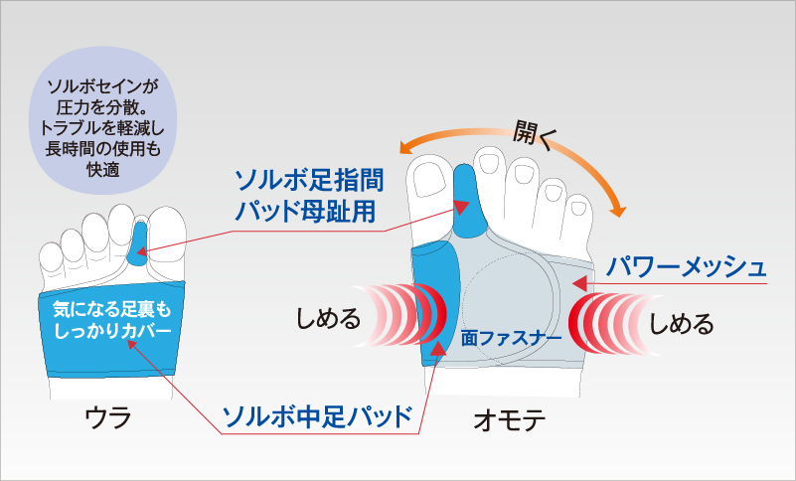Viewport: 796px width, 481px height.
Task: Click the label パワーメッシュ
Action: [686, 267]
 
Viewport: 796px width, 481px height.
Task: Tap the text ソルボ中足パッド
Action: [317, 416]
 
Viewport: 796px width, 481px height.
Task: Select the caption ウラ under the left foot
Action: [108, 418]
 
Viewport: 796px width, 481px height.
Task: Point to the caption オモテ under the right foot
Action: [510, 420]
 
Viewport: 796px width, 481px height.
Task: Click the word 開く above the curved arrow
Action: [535, 134]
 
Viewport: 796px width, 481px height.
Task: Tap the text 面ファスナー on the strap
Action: [511, 338]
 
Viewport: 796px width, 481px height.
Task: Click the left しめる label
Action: [328, 319]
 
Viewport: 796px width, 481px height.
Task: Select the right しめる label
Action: [682, 324]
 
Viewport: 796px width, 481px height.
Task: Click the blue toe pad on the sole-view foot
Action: [137, 243]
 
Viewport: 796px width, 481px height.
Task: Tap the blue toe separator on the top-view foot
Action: [466, 201]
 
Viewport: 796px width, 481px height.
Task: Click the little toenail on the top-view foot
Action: [578, 209]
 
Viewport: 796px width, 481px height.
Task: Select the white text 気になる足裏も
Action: [112, 309]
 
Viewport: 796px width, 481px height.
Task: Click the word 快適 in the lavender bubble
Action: [103, 170]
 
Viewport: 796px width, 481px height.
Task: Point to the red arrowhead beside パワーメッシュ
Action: [579, 283]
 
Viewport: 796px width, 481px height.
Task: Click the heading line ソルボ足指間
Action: [309, 180]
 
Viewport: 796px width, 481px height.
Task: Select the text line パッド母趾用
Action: [305, 211]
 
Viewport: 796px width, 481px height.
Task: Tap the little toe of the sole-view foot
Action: [51, 258]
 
